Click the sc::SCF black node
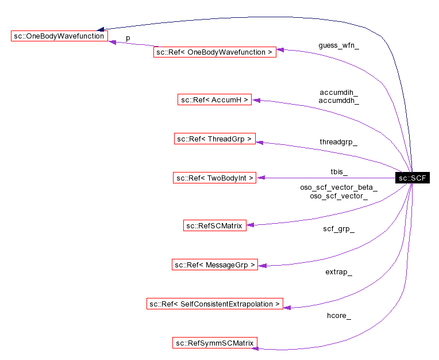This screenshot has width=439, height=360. pyautogui.click(x=412, y=178)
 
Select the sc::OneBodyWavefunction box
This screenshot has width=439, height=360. pyautogui.click(x=59, y=36)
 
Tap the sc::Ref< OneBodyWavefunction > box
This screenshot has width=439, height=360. pyautogui.click(x=214, y=52)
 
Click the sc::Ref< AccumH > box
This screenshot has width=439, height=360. pyautogui.click(x=214, y=100)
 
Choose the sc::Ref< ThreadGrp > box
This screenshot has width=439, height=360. pyautogui.click(x=214, y=139)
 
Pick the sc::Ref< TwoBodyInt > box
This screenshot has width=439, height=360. pyautogui.click(x=214, y=178)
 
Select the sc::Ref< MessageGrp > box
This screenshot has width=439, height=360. pyautogui.click(x=214, y=265)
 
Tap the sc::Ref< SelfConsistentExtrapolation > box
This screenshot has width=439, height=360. pyautogui.click(x=214, y=304)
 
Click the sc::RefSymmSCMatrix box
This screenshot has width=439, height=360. pyautogui.click(x=214, y=343)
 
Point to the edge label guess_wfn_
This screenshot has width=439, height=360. pyautogui.click(x=339, y=45)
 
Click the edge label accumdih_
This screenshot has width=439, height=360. pyautogui.click(x=339, y=92)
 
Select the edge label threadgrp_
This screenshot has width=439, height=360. pyautogui.click(x=338, y=141)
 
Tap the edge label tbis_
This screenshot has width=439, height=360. pyautogui.click(x=338, y=172)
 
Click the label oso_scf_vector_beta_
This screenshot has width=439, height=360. pyautogui.click(x=338, y=187)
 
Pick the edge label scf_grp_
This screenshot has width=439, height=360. pyautogui.click(x=338, y=229)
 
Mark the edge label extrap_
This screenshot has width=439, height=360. pyautogui.click(x=338, y=271)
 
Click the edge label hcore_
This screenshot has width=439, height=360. pyautogui.click(x=338, y=315)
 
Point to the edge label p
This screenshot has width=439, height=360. pyautogui.click(x=128, y=37)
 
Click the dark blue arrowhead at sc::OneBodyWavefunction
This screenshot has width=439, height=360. pyautogui.click(x=101, y=29)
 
